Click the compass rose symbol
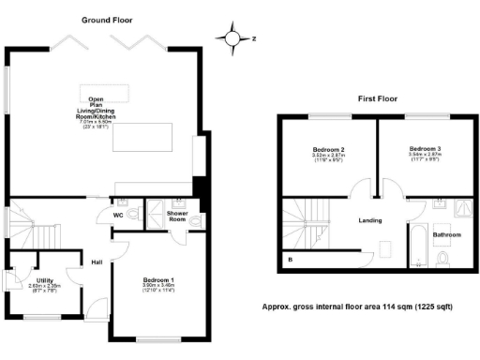pos(232,38)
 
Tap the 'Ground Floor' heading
pos(107,19)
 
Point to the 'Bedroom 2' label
pos(329,149)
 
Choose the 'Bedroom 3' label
pos(427,149)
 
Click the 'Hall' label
pos(97,262)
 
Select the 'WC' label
pos(119,215)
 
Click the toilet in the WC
pos(134,215)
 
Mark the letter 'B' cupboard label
pos(290,258)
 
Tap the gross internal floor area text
pos(371,307)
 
